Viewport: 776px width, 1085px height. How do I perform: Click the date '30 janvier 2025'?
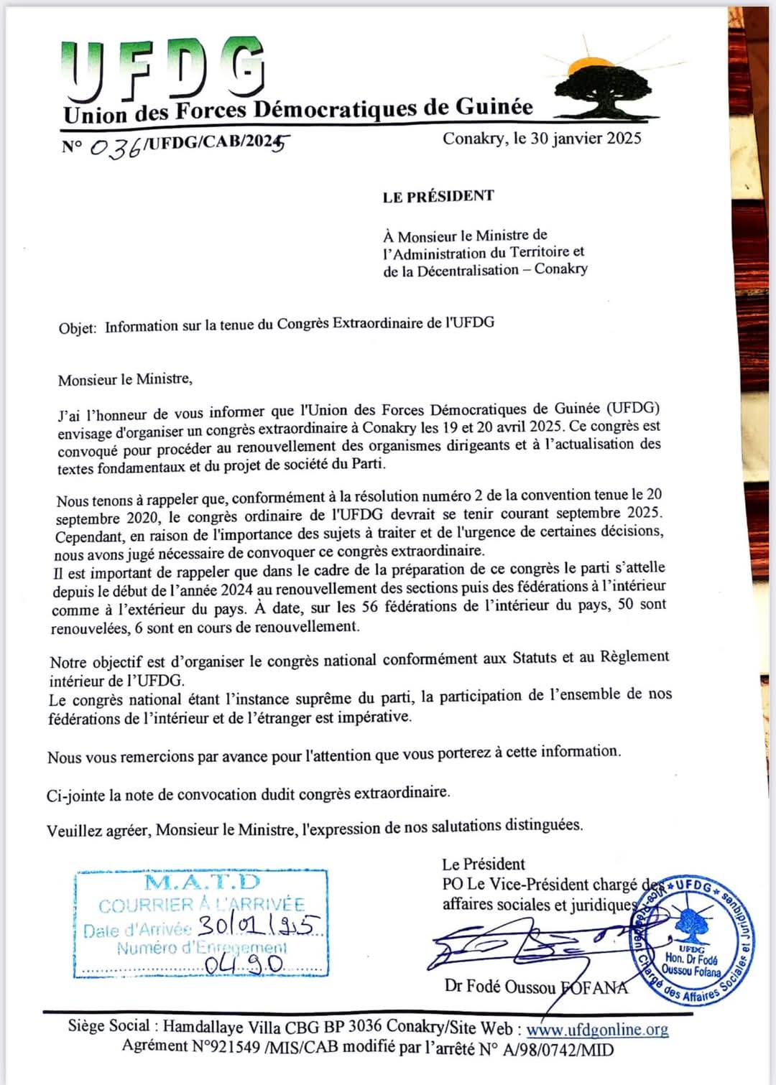(586, 139)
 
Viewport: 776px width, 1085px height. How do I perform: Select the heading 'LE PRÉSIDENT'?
(438, 196)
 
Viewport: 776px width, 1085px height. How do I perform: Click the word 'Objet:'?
(78, 328)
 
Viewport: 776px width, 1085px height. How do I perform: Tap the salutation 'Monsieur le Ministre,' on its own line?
(125, 379)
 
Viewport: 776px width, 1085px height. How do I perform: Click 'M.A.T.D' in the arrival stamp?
(202, 883)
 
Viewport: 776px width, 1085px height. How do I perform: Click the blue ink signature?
(532, 944)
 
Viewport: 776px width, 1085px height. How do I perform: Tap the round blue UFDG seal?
(692, 938)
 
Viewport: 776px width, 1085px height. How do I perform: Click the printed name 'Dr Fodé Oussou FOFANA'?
(536, 987)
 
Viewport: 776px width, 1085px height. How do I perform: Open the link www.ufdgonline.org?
(597, 1030)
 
